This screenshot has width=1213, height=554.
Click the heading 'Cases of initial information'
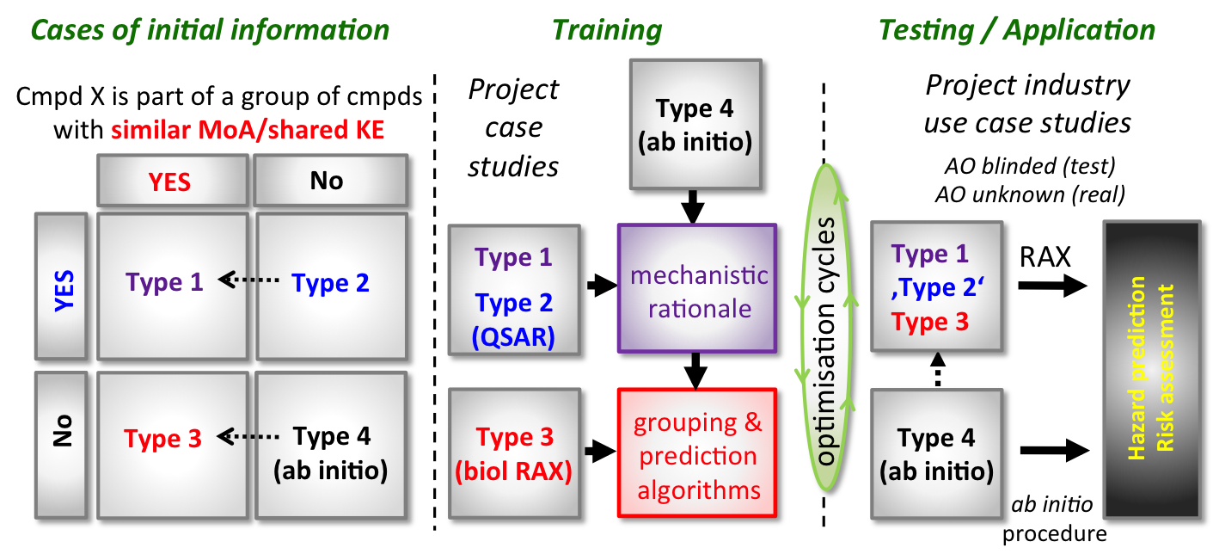point(210,31)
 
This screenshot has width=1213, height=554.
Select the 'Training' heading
point(607,31)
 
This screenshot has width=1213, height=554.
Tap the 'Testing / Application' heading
point(1017,31)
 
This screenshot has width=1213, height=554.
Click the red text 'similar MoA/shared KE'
point(248,131)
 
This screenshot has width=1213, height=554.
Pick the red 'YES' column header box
point(170,181)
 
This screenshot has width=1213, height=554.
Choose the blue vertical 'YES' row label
point(61,286)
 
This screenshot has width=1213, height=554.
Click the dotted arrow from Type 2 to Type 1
point(248,280)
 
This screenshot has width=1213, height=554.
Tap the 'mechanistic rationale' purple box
point(696,289)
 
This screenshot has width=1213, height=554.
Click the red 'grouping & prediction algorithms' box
point(696,452)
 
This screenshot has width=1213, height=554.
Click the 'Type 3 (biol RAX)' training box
point(514,453)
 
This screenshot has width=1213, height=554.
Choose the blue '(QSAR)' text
point(514,336)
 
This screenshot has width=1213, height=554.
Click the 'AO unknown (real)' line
point(1029,194)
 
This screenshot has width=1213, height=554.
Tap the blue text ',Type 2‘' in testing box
point(936,288)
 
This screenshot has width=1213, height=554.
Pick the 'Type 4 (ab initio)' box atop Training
point(695,124)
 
